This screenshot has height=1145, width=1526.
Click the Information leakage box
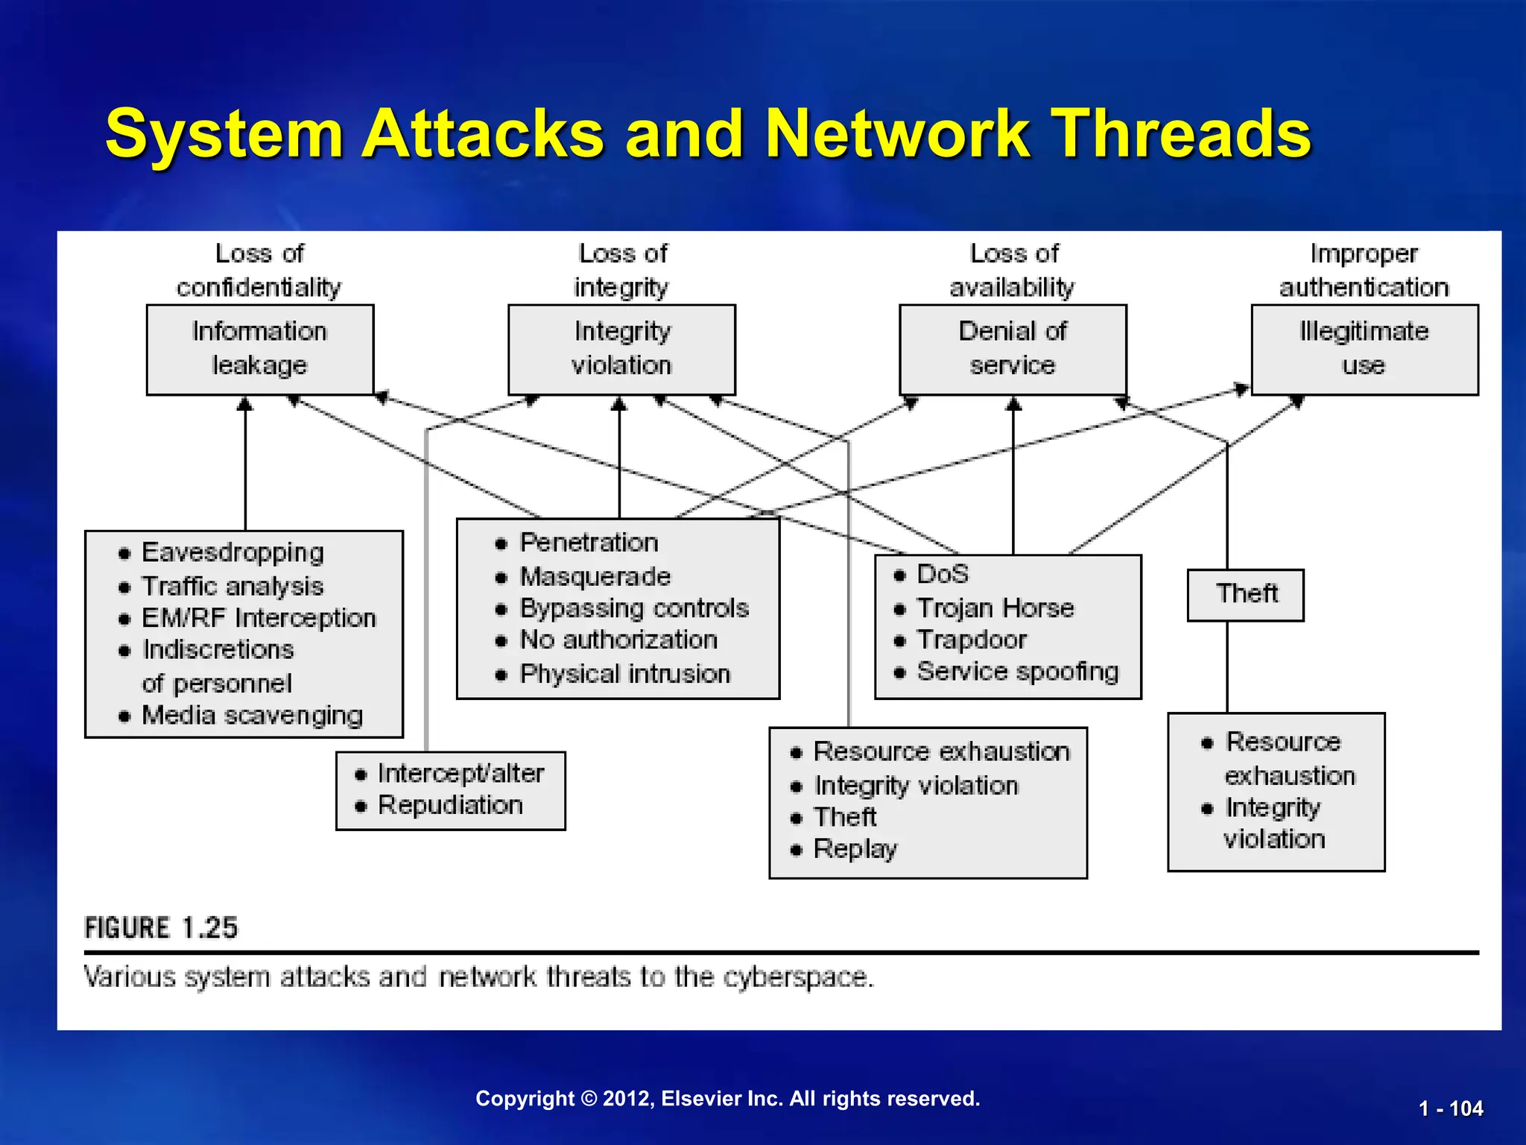260,349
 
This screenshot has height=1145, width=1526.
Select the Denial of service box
1013,349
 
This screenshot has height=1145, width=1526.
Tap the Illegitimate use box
1364,349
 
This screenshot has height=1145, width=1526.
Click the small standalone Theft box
1246,594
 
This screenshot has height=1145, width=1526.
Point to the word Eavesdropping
232,552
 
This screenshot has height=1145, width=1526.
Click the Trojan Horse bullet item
995,608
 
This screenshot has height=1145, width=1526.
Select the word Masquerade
595,576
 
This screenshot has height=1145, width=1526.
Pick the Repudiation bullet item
450,805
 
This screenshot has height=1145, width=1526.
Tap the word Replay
855,849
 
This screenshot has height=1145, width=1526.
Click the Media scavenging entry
252,716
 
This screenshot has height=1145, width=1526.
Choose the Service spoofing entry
1017,672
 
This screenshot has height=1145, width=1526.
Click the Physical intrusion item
624,674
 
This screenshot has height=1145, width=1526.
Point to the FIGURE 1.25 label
161,928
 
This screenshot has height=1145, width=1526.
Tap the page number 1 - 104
1450,1108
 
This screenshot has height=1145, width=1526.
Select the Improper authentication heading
1364,271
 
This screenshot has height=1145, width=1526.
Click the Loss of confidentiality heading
259,271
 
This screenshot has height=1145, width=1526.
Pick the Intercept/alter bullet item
460,774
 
